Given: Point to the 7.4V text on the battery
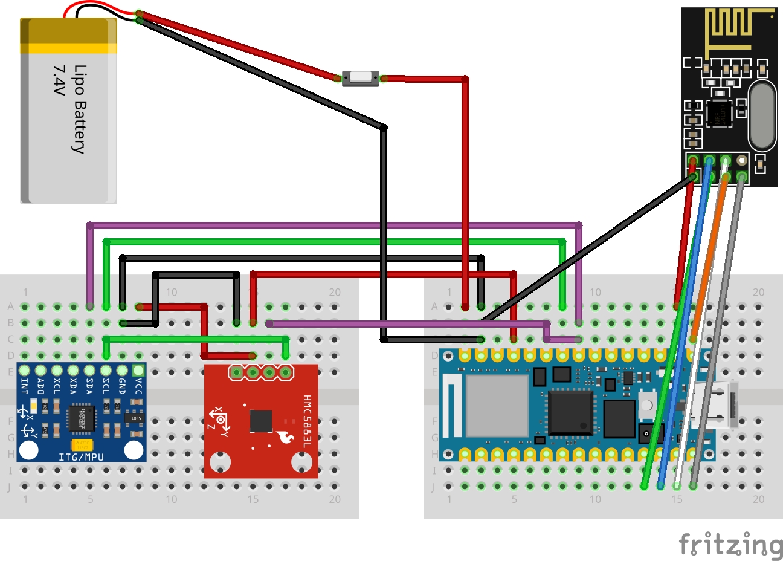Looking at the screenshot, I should tap(59, 80).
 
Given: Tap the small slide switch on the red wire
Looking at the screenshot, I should tap(361, 78).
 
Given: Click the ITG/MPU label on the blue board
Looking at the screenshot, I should tap(81, 457).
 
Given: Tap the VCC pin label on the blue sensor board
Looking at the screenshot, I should tap(138, 386).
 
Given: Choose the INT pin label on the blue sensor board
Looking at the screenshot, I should tap(25, 386).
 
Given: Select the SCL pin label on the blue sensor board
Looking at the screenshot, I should tap(106, 386).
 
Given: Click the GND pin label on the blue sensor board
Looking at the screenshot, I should tap(122, 386).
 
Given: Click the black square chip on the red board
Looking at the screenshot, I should tap(260, 421).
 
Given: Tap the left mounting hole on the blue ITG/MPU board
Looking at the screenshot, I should tap(29, 450).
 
